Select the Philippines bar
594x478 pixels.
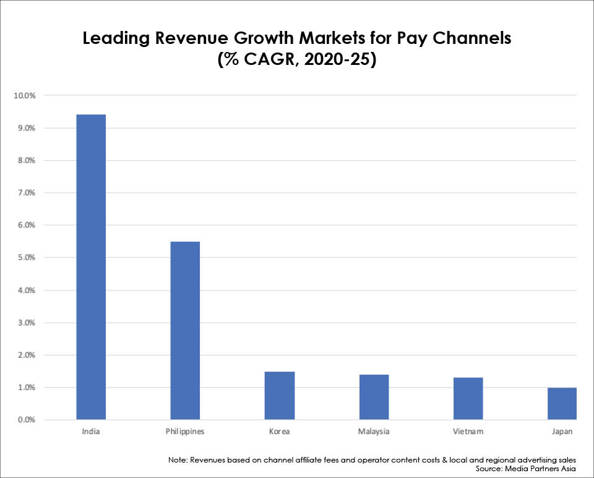[x=185, y=330]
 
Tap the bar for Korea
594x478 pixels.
[x=280, y=395]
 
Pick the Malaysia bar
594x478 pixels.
[x=374, y=397]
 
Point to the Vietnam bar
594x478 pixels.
[x=468, y=398]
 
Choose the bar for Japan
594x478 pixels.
[x=562, y=403]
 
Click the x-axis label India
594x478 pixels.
[x=91, y=431]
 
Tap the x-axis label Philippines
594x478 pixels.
[x=185, y=431]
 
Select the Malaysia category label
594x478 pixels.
[x=374, y=431]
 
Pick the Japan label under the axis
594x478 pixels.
[x=562, y=431]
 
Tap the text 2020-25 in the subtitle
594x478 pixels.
[x=333, y=62]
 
